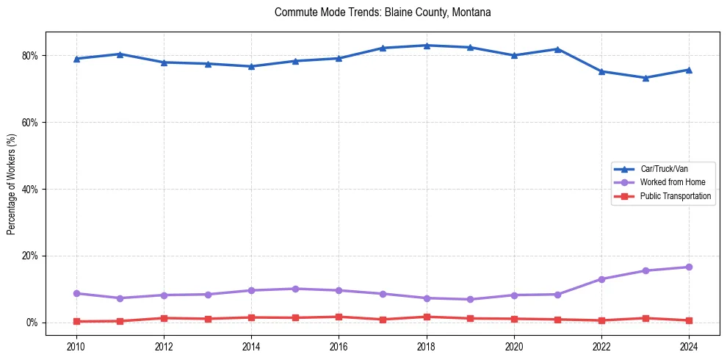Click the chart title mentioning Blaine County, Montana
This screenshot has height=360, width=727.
(x=383, y=12)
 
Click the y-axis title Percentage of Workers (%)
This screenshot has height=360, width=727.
(x=12, y=183)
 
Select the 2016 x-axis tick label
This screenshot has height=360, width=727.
(x=339, y=345)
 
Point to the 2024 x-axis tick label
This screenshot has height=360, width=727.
(x=689, y=345)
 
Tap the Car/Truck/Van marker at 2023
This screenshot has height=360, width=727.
(x=645, y=78)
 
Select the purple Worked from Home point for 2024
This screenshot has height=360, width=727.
(x=689, y=267)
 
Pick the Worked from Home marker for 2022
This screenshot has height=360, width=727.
(x=601, y=279)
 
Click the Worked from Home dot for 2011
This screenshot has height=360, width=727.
(x=120, y=298)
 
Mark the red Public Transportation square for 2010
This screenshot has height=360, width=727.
(x=76, y=322)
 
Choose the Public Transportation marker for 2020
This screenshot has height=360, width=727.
(x=514, y=319)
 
